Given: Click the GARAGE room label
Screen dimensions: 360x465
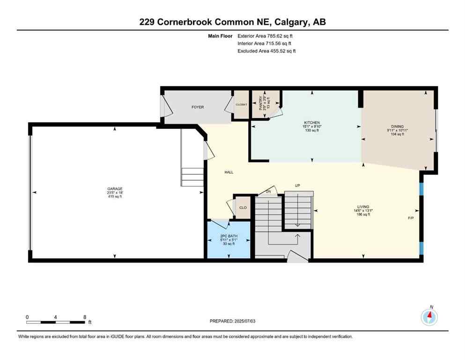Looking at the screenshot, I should [115, 188].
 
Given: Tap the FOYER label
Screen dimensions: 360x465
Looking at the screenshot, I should [198, 107].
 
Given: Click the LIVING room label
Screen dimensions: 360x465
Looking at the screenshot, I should [363, 206].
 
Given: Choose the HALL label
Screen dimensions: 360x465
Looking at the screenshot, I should [229, 172].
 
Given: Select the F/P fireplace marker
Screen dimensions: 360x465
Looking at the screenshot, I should [411, 218].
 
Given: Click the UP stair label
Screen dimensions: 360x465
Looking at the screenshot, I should [297, 186].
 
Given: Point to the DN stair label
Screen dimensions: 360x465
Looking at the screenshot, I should [268, 191].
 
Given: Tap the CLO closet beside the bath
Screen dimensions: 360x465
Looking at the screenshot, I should [243, 207].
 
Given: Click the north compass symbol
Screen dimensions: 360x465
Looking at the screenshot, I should [429, 317].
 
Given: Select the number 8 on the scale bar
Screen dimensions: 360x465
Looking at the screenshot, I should [85, 317].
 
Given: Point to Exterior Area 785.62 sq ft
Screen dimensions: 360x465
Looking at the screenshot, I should [266, 36].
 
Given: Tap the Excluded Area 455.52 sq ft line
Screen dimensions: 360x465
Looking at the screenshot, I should [266, 51].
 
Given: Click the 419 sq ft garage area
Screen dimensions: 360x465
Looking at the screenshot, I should [115, 196].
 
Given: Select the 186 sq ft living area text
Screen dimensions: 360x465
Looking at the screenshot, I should [363, 214].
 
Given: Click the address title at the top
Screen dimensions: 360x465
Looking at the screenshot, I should [232, 22].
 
